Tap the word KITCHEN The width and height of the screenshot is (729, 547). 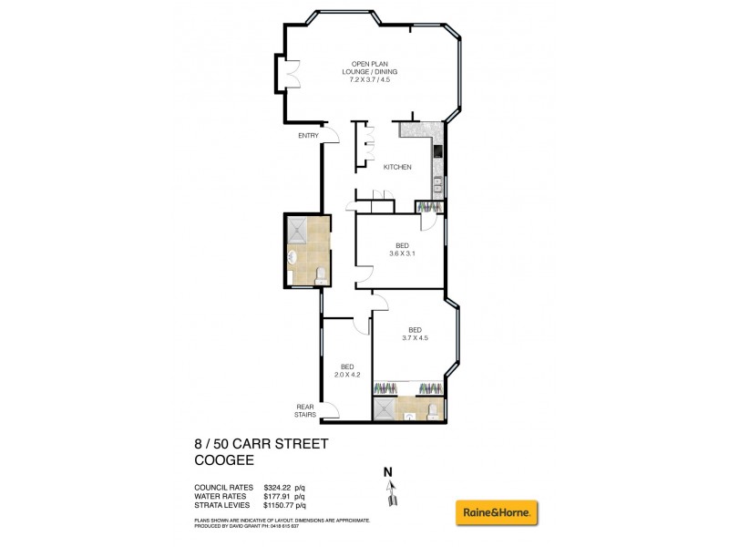pos(397,167)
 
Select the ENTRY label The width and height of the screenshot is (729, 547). pos(308,136)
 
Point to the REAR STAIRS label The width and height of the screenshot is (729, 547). pos(305,410)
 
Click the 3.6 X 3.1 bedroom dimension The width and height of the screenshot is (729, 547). pos(401,254)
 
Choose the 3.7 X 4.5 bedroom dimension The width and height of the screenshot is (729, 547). pos(414,338)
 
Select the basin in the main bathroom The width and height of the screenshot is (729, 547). pos(292,257)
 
